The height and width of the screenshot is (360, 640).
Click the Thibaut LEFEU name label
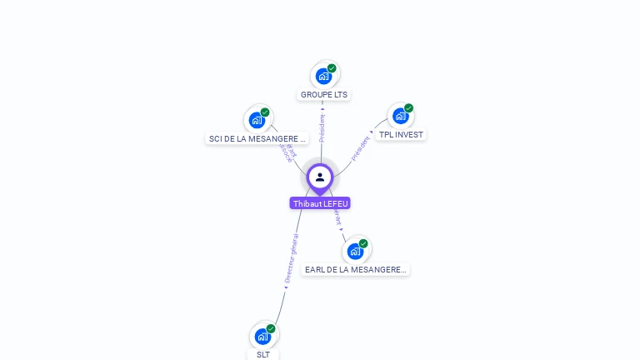tap(320, 203)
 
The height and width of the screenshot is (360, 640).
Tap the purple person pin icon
tap(320, 177)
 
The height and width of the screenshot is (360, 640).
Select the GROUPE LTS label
tap(324, 95)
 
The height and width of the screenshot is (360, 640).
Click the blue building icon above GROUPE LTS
tap(323, 76)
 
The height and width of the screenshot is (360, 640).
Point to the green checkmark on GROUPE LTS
tap(332, 68)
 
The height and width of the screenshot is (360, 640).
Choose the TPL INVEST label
tap(401, 135)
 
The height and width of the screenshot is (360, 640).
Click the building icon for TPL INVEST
tap(400, 116)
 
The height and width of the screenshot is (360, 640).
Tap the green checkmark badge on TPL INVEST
tap(408, 108)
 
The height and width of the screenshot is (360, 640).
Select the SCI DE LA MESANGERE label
tap(257, 138)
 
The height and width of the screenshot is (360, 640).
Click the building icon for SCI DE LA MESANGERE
tap(257, 120)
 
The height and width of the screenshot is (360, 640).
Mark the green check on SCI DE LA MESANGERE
tap(265, 112)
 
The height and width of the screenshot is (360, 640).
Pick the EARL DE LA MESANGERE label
tap(356, 270)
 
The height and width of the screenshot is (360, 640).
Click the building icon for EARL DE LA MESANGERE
tap(355, 251)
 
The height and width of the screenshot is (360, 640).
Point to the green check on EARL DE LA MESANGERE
tap(363, 243)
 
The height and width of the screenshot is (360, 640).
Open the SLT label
tap(263, 354)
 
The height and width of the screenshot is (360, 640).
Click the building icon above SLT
tap(262, 336)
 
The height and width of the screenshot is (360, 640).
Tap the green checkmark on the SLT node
tap(271, 328)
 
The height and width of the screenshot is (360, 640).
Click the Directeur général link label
tap(290, 259)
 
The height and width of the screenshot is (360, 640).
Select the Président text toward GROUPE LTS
tap(322, 124)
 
